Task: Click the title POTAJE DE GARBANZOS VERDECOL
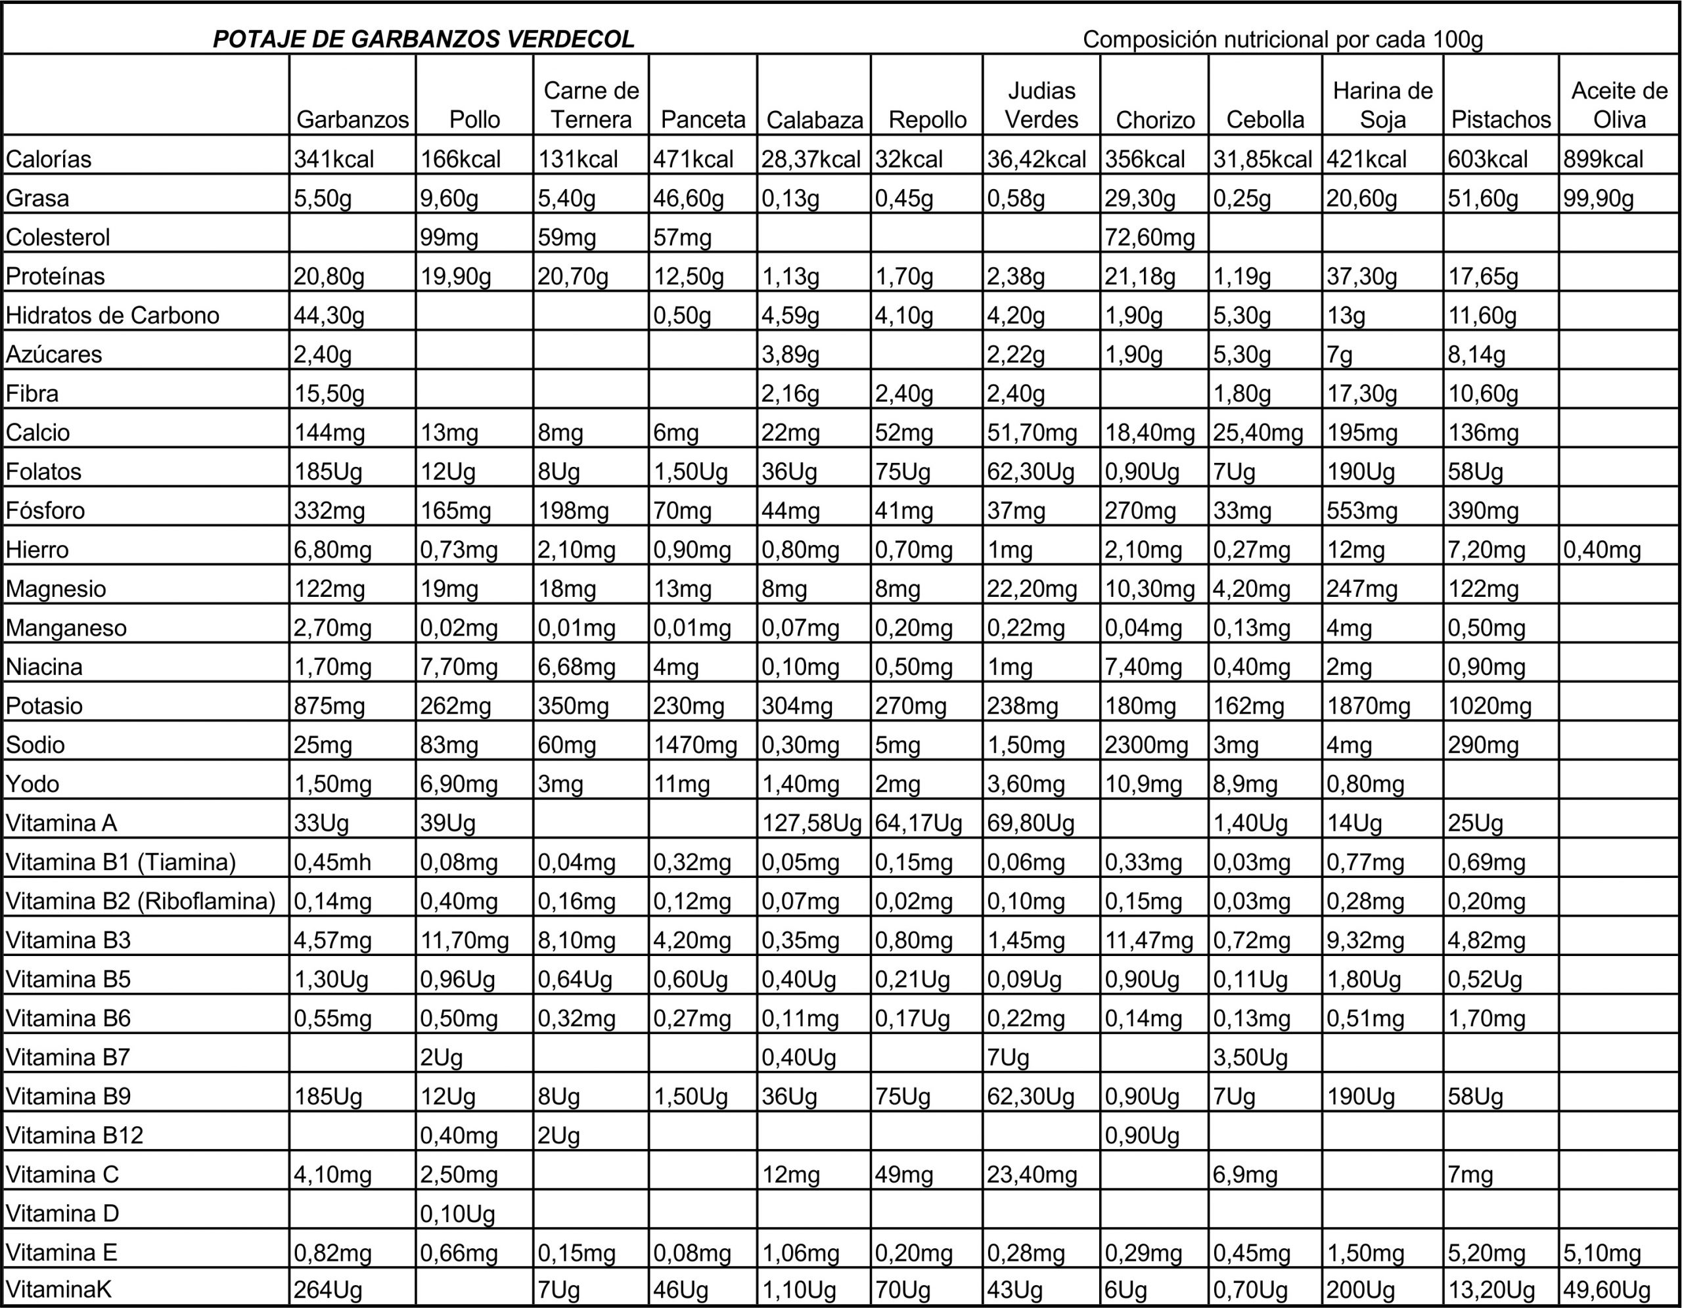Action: (424, 39)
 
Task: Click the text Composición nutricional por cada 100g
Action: (1283, 39)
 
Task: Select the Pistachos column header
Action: (1500, 120)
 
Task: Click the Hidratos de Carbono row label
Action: (112, 316)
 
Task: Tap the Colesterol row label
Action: (58, 237)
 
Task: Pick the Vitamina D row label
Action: (62, 1214)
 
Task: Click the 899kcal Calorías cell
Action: (1602, 160)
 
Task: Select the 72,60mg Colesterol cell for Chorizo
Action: (1150, 237)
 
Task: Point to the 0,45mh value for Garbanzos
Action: (332, 862)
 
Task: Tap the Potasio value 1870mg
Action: (1368, 706)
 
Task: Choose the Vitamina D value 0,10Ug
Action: (457, 1214)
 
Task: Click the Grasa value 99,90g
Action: (1598, 198)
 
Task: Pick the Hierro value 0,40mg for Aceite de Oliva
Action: (1602, 550)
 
